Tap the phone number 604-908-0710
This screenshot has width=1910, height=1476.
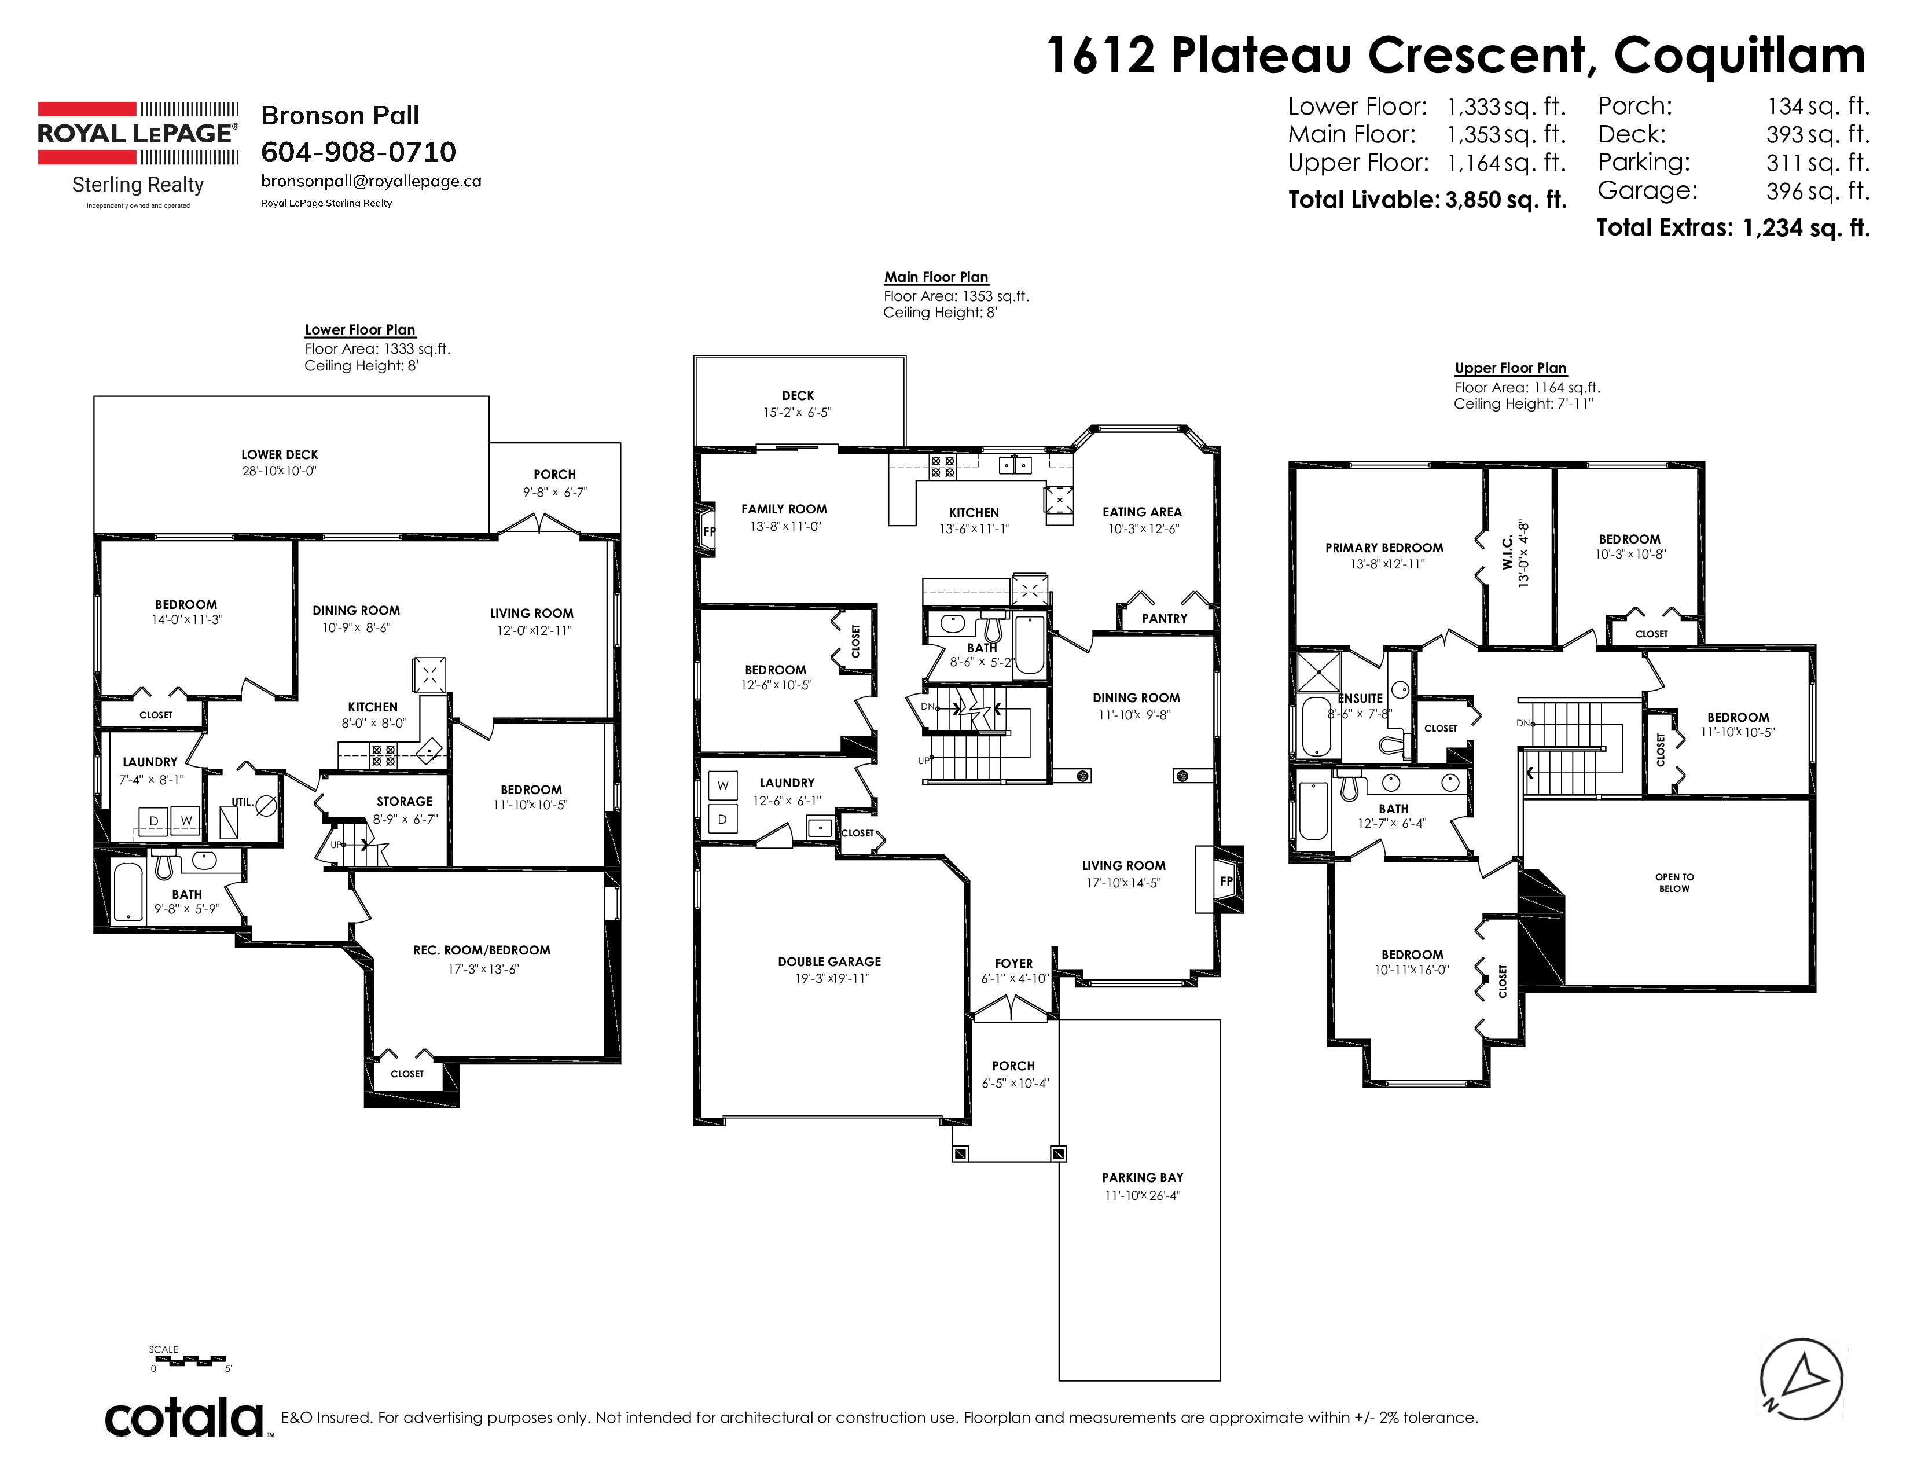(x=359, y=152)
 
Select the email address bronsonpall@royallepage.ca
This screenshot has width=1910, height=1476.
(x=371, y=181)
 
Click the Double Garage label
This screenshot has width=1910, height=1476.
(x=829, y=961)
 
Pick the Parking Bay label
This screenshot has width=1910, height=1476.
(x=1142, y=1177)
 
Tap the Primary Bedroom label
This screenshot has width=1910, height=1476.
(x=1383, y=548)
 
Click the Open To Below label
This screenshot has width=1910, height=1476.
(x=1674, y=882)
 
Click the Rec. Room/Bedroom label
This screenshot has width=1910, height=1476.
(x=482, y=950)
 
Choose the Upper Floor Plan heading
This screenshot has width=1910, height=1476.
(x=1510, y=368)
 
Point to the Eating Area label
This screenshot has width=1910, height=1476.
(x=1141, y=512)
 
